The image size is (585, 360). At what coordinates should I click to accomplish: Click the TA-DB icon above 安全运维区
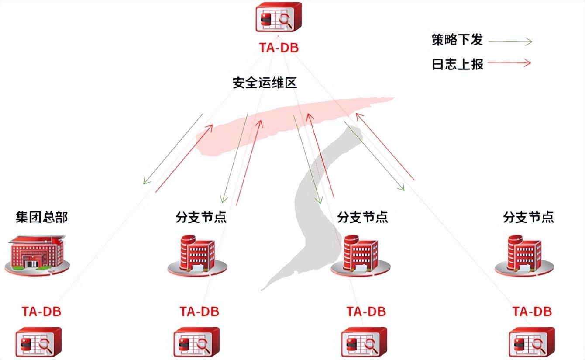click(x=278, y=17)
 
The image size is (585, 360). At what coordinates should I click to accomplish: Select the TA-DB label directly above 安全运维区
click(x=279, y=48)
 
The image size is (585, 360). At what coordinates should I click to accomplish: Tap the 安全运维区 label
click(x=265, y=83)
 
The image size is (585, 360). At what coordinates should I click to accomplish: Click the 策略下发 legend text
click(x=457, y=40)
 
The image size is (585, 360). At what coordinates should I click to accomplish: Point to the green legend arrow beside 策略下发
click(x=510, y=42)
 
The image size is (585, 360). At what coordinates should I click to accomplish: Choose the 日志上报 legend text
click(x=457, y=64)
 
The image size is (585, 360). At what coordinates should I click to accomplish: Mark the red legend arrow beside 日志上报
click(x=509, y=63)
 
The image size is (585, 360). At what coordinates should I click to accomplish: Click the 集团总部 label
click(x=42, y=217)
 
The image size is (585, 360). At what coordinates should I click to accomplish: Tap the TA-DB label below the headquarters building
click(x=41, y=312)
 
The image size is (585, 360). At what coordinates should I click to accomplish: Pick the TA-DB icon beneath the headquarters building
click(x=38, y=342)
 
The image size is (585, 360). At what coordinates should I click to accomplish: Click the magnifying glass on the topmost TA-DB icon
click(x=286, y=20)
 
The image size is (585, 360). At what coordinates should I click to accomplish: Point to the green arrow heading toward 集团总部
click(x=173, y=149)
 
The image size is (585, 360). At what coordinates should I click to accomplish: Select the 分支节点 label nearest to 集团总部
click(x=201, y=217)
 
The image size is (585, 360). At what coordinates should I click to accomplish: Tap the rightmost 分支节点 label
click(x=528, y=217)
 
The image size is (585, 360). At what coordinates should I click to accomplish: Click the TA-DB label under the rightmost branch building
click(x=532, y=312)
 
